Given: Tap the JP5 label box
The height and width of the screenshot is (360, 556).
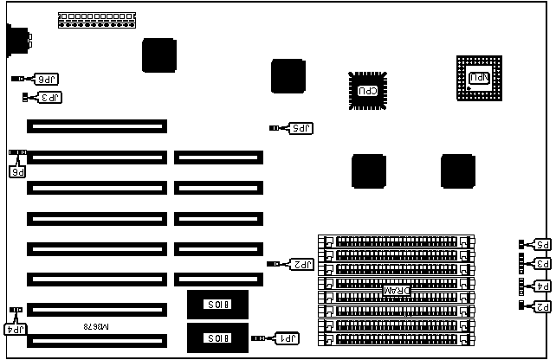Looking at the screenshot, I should click(299, 128).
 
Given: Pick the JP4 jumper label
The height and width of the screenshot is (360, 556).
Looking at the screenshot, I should click(16, 328).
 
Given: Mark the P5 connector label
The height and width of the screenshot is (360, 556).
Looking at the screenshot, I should click(542, 245).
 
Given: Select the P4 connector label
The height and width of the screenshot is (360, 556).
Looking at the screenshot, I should click(542, 286).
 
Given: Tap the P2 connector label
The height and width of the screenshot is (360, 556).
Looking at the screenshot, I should click(542, 305).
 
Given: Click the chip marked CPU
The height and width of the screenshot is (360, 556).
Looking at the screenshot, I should click(368, 89).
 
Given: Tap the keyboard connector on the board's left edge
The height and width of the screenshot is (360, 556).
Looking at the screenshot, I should click(16, 41).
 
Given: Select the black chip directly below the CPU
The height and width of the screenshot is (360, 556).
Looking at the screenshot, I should click(368, 170).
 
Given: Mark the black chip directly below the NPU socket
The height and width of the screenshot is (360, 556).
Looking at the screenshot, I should click(458, 170).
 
